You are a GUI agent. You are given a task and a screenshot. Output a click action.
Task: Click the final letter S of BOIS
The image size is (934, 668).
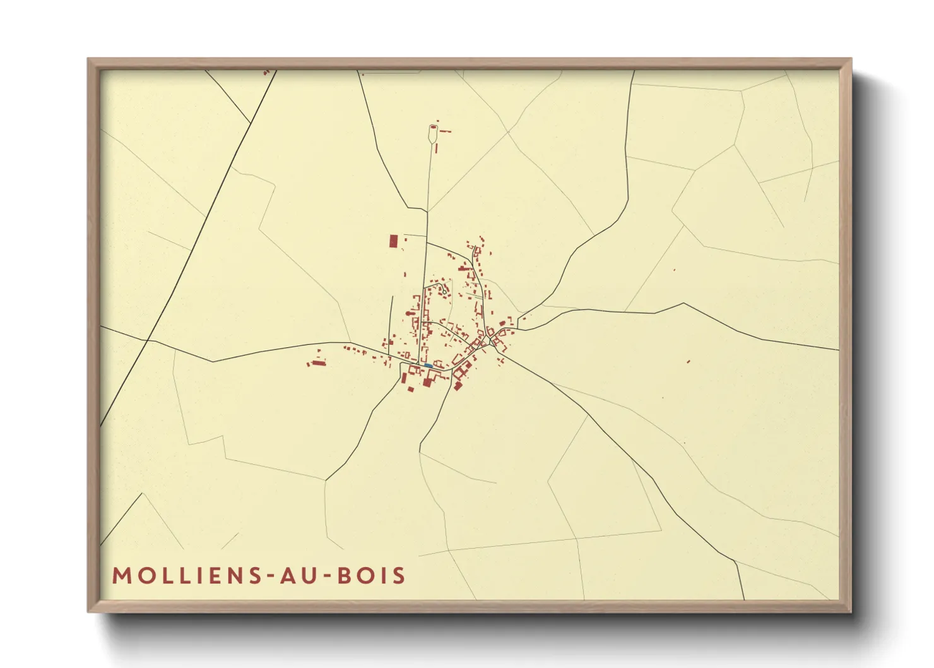pos(399,576)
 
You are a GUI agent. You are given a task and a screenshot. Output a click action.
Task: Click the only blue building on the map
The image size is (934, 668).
pos(429,366)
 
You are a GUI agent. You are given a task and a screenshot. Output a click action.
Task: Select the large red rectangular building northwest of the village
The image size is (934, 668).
pos(394,241)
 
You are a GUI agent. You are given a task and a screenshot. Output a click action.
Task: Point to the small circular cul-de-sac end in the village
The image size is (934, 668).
pos(444,291)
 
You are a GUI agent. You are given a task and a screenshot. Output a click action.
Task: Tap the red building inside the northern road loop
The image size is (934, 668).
pos(433,126)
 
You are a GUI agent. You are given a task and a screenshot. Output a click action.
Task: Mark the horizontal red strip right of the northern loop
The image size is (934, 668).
pos(446,131)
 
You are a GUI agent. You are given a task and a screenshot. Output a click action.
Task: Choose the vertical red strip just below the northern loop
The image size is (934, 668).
pos(435,148)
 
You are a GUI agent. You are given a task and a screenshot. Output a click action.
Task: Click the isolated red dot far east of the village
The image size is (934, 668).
pos(688,362)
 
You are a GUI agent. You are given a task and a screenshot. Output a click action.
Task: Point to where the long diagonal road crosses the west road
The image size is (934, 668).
pos(147,340)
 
